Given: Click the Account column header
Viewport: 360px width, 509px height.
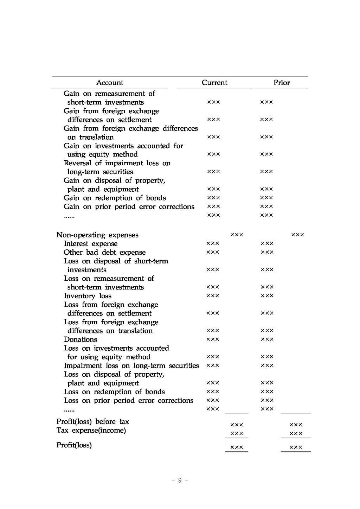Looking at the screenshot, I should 110,83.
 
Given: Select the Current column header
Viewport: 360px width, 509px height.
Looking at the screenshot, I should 214,83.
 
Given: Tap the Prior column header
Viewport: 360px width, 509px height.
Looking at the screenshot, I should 282,83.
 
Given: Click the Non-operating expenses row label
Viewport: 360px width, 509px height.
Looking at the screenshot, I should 97,235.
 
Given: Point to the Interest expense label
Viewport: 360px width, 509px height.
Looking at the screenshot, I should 91,244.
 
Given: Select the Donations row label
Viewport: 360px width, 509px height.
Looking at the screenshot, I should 81,339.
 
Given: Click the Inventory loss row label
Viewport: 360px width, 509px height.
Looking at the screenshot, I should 88,296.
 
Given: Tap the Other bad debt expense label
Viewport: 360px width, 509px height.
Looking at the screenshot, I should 105,253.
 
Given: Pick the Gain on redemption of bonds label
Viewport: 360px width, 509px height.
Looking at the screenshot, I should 115,198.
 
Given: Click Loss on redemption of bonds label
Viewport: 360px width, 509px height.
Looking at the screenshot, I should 114,392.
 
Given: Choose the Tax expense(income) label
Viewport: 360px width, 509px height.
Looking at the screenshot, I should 91,431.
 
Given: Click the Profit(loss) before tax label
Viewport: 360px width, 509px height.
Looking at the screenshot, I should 93,422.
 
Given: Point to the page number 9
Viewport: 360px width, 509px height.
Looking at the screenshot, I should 180,481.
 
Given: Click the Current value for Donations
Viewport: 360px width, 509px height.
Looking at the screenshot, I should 213,339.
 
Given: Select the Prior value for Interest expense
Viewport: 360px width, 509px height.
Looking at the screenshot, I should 267,243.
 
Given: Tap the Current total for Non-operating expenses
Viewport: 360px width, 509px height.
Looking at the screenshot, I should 237,235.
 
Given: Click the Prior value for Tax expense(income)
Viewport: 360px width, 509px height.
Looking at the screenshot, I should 296,434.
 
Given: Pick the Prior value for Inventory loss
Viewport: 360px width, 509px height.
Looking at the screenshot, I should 267,296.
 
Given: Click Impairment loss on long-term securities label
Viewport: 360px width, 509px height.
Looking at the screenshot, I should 131,366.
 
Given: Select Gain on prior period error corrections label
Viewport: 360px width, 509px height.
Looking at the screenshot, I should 129,207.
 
